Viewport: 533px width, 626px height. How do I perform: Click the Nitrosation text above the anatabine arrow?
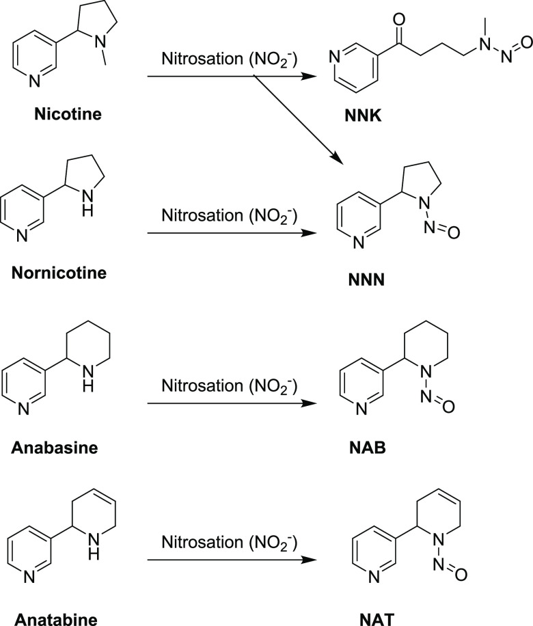click(228, 543)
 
